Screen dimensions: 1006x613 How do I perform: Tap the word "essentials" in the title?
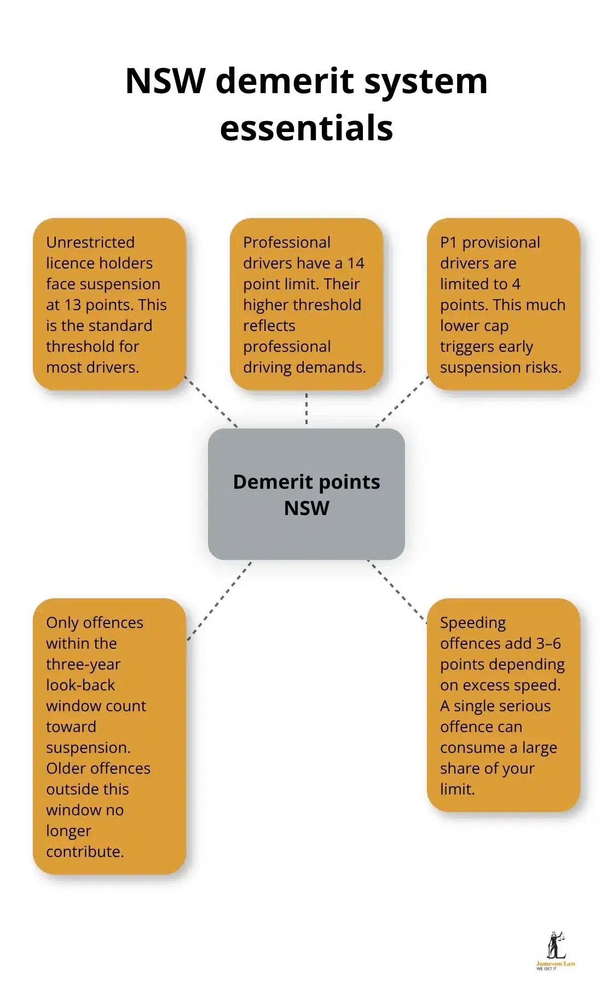coord(307,128)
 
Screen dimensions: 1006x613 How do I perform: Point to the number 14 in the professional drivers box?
coord(356,263)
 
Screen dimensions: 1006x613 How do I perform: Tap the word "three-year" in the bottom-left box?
coord(83,664)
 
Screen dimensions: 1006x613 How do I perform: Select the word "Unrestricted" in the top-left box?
coord(90,242)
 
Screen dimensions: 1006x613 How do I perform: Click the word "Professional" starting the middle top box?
coord(287,242)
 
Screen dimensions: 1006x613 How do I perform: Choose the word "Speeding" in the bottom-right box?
coord(473,622)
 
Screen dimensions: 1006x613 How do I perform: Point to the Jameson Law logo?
coord(556,951)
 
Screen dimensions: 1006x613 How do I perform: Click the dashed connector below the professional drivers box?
coord(307,409)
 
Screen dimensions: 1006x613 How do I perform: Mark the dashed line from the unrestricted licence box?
coord(211,402)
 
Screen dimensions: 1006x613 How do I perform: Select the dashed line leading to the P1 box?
coord(402,402)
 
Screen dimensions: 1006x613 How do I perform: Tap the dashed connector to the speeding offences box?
coord(397,592)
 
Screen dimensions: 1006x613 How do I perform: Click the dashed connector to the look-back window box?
coord(219,601)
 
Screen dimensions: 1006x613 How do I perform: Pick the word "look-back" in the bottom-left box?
coord(80,685)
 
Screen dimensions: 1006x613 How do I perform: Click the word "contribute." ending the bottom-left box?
coord(85,851)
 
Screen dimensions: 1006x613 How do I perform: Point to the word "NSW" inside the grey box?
coord(307,508)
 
